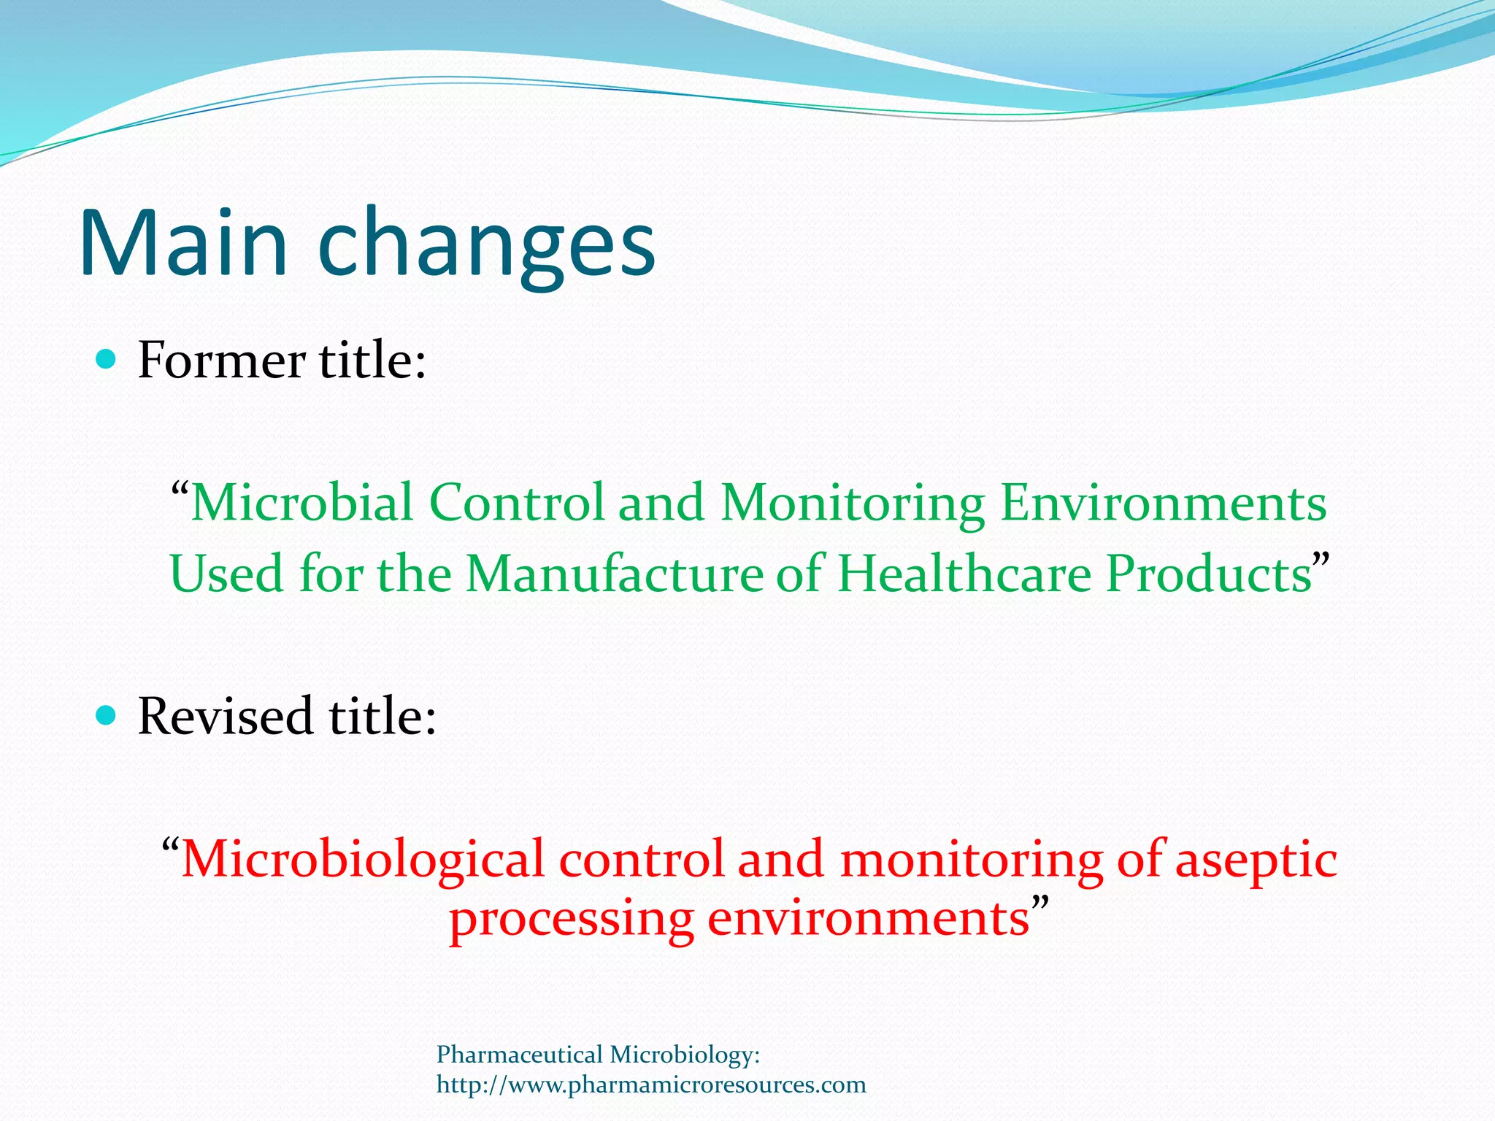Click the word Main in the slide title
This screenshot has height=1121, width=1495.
click(x=182, y=244)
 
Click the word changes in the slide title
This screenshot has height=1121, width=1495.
click(x=487, y=244)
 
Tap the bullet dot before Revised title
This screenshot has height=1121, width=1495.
click(x=107, y=715)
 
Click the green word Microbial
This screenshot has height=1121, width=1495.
click(x=302, y=503)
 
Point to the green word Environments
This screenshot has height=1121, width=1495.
click(x=1163, y=503)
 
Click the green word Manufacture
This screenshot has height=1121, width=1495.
click(x=614, y=574)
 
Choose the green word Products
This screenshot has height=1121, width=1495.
click(x=1208, y=574)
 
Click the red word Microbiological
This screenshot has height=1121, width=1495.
click(x=363, y=859)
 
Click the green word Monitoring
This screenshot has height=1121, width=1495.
click(x=853, y=504)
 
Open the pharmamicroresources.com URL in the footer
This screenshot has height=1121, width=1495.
click(x=651, y=1085)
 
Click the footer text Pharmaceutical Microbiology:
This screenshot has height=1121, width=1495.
click(x=598, y=1055)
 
